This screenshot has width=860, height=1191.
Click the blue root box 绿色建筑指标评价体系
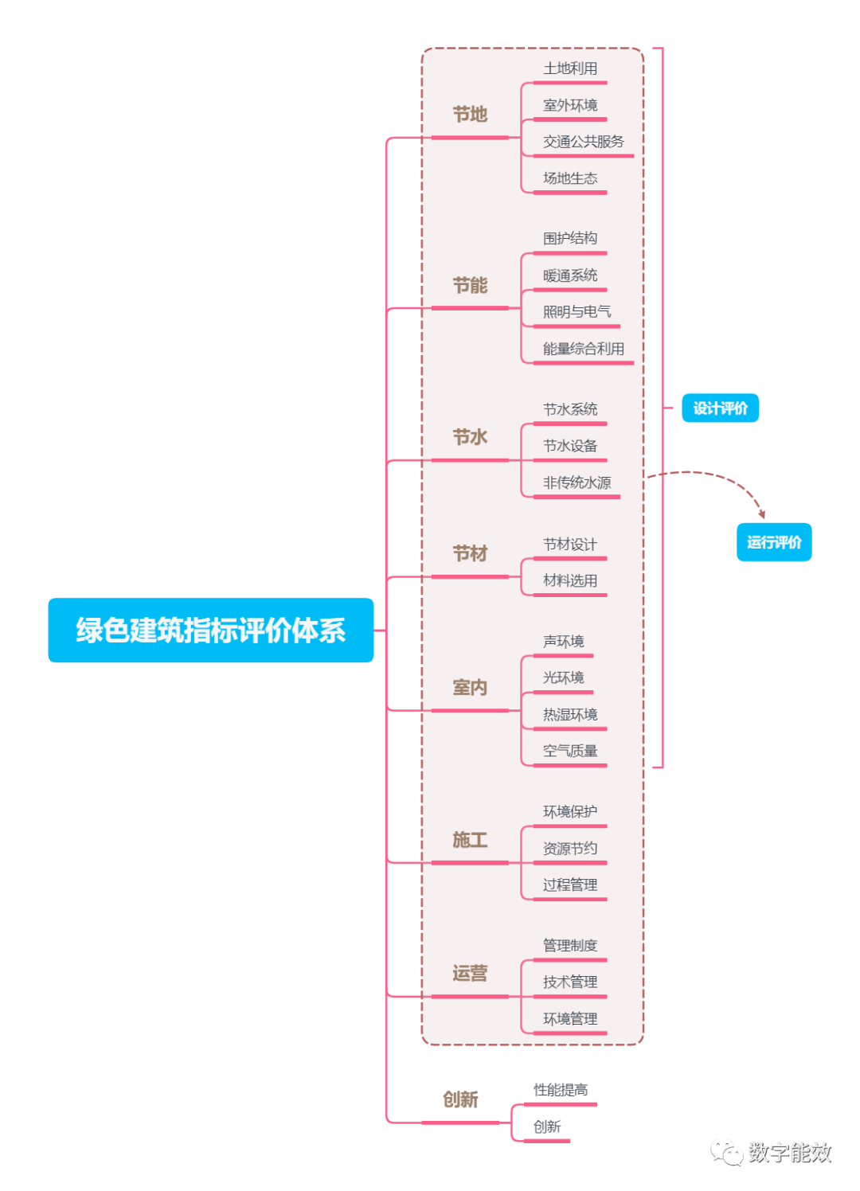(x=211, y=630)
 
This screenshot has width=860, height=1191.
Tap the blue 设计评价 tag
(x=720, y=408)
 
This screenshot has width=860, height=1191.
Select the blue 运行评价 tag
(x=773, y=542)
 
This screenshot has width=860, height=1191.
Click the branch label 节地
(x=470, y=115)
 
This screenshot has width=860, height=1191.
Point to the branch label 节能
(x=470, y=285)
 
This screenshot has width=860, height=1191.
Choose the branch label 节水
(x=470, y=437)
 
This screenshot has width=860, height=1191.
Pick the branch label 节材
(x=470, y=553)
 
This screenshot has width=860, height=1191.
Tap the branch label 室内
(x=470, y=687)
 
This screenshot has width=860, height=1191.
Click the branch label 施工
(x=470, y=840)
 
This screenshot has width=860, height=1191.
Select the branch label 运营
(x=470, y=973)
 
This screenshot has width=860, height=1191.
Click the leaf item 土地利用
(x=570, y=68)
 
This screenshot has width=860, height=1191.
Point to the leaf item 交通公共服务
(x=583, y=142)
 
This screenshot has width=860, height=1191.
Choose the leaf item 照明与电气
(x=577, y=312)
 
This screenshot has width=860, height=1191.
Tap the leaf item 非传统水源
(x=577, y=482)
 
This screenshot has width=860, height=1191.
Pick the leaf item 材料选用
(x=570, y=580)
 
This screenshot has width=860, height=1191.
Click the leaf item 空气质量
(x=570, y=751)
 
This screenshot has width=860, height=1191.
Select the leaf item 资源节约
(x=570, y=849)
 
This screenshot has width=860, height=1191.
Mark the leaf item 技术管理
(x=570, y=982)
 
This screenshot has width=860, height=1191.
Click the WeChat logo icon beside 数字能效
(x=726, y=1151)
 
